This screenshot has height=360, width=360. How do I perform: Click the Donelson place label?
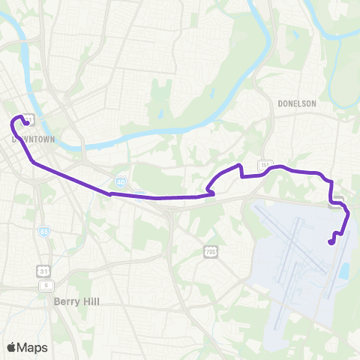coord(296,103)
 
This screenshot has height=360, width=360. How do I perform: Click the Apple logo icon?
coord(11,347)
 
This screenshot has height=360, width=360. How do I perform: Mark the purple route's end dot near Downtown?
coord(27,124)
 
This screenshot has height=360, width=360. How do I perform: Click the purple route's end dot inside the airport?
coord(331,241)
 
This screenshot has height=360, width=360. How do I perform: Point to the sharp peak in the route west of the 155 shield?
coord(239,165)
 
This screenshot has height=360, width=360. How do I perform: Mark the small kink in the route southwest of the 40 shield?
coord(111,193)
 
